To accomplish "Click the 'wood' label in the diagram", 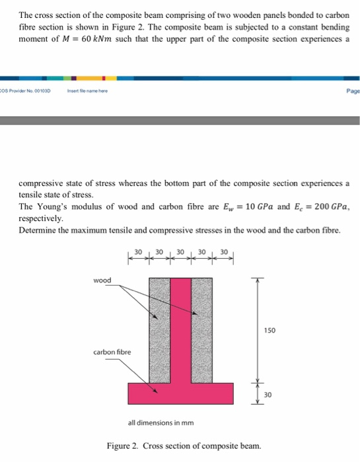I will point(102,280).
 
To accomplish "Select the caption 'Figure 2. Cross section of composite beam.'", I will point(184,445).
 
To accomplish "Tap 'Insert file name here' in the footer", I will point(85,90).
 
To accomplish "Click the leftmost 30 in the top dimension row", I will point(138,253).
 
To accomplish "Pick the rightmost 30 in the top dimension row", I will point(223,253).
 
